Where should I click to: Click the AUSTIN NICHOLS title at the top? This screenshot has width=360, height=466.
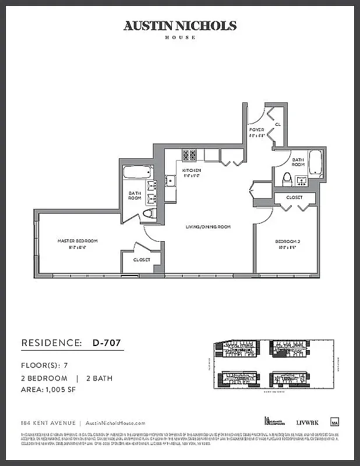180,26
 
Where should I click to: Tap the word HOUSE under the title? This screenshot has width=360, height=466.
180,37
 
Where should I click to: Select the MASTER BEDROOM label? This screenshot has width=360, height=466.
77,241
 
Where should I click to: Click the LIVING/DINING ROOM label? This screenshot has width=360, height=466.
208,227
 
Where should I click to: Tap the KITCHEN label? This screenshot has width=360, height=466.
192,170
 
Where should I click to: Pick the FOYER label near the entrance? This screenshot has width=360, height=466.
256,129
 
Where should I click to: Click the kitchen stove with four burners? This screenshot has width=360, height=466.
189,155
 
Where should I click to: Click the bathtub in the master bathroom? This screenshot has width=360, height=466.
139,172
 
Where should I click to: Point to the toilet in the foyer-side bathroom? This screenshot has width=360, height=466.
287,179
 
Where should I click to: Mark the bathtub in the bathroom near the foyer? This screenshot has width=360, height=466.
315,163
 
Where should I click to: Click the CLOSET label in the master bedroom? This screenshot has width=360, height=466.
142,260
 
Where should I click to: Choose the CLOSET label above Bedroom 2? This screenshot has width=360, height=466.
295,197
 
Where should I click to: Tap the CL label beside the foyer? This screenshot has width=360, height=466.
278,124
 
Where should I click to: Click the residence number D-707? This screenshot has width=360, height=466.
107,343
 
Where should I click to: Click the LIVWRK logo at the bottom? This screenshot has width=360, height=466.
305,422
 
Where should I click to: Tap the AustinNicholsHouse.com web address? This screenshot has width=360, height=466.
115,423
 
